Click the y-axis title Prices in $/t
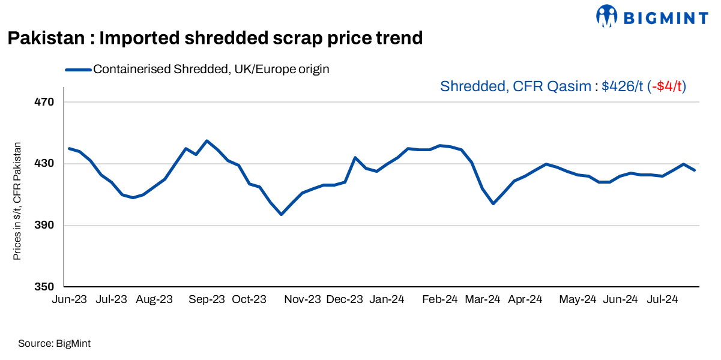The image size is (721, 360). [17, 201]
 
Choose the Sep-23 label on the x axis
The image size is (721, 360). [207, 299]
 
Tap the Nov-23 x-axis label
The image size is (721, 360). [303, 299]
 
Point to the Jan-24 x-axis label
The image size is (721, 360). [387, 299]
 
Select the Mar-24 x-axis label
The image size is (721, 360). [483, 299]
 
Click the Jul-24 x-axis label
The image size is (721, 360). [663, 299]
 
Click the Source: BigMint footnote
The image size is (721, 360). [54, 344]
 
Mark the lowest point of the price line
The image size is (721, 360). [281, 214]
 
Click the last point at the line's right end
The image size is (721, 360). [695, 170]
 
